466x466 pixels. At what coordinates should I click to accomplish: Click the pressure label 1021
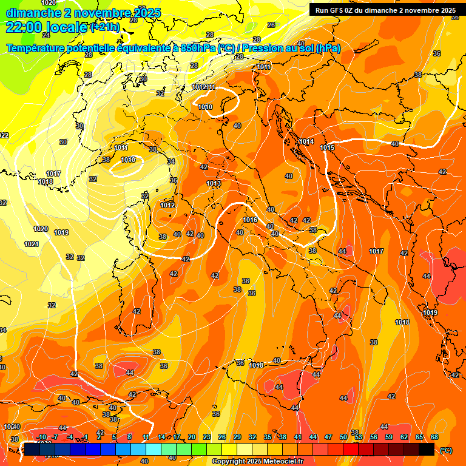coord(32,244)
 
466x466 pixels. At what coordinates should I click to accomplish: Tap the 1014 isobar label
coord(306,141)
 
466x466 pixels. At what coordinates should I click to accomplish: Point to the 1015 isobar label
coord(327,147)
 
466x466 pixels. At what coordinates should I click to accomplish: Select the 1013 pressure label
coord(214,183)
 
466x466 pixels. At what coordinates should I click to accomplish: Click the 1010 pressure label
coord(205,107)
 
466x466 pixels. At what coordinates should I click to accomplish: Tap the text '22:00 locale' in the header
coord(46,27)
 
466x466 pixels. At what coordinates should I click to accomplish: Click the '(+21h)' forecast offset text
coord(105,27)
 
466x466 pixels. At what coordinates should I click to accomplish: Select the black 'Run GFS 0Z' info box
coord(385,10)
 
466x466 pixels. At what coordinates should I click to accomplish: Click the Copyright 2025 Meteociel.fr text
coord(257,461)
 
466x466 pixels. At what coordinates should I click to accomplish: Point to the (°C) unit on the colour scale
coord(446,450)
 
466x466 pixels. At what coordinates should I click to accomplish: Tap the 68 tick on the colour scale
coord(434,437)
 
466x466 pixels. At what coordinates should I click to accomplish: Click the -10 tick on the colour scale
coord(42,437)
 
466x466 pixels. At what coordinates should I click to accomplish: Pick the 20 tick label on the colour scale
coord(192,437)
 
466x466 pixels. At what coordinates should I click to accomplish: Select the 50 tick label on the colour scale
coord(343,437)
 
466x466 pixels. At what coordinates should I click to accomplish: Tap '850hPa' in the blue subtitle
coord(198,48)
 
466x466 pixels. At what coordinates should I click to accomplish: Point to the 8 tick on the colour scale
coord(129,437)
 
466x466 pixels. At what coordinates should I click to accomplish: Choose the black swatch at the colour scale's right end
coord(427,449)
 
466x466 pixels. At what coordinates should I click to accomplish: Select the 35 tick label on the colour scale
coord(268,437)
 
